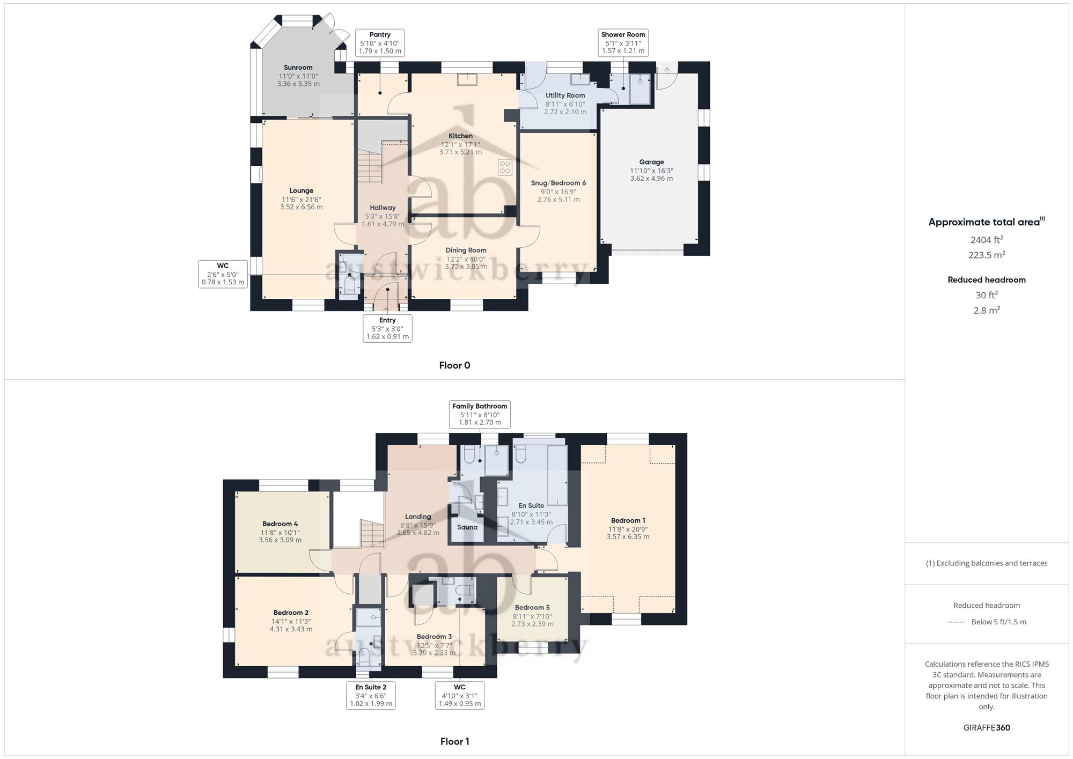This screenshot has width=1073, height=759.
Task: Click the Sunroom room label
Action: [298, 68]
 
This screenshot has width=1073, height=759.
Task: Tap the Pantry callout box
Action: [380, 43]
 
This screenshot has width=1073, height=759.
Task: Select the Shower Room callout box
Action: [623, 43]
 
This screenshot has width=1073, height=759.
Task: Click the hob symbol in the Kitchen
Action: [505, 167]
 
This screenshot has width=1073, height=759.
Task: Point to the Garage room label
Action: [651, 162]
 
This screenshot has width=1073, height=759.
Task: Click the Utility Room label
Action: [565, 95]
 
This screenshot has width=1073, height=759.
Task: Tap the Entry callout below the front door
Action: [387, 328]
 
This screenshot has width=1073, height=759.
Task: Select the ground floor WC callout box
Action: [223, 274]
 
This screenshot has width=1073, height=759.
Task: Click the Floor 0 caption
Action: [454, 365]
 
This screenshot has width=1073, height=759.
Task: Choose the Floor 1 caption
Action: [454, 741]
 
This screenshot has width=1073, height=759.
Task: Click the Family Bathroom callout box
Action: [480, 415]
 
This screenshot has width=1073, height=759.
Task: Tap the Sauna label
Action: [467, 527]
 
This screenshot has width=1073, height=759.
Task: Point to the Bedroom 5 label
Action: [532, 608]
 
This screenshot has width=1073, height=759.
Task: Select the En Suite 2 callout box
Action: [371, 696]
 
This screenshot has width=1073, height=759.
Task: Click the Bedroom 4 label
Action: [280, 524]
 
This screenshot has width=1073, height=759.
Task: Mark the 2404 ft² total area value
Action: [987, 240]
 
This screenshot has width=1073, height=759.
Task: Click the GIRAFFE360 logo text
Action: [987, 728]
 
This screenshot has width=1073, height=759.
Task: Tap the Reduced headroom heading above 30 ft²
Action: [987, 279]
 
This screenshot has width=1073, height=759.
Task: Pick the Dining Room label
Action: [466, 250]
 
